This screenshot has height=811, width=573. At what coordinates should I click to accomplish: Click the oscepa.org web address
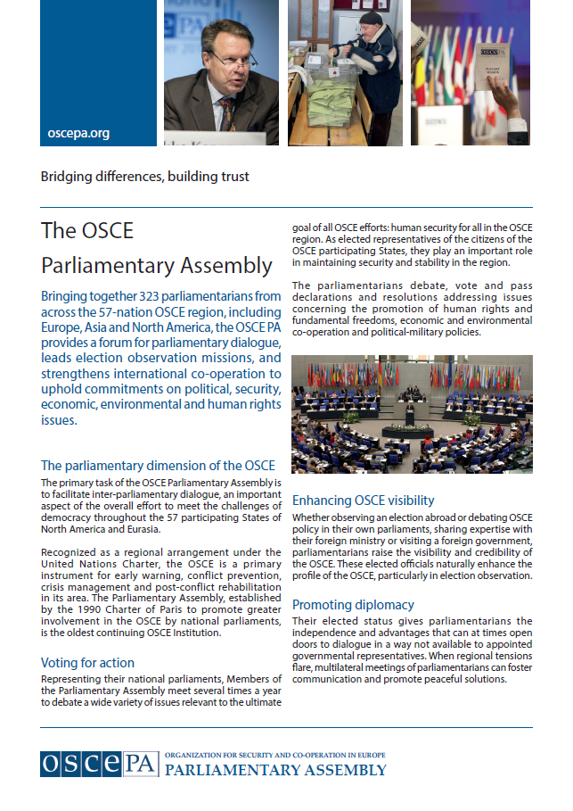[78, 134]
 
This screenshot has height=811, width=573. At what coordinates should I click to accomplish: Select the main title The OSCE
[87, 230]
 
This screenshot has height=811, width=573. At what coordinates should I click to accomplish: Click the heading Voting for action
[87, 663]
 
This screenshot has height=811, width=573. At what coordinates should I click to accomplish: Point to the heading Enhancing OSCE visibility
[364, 500]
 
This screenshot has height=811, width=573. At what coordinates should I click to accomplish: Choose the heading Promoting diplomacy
[353, 604]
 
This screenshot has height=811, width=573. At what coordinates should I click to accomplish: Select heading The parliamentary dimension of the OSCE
[158, 466]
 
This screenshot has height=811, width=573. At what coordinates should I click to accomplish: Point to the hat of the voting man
[370, 17]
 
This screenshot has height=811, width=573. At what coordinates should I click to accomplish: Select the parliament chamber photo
[412, 414]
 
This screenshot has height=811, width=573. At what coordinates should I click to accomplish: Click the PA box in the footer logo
[140, 764]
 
